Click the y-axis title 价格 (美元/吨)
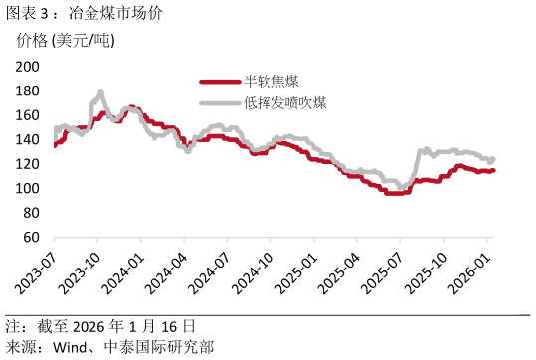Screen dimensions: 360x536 click(x=66, y=41)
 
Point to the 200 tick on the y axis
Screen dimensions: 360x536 click(x=27, y=67)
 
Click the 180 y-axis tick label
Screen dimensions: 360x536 click(x=27, y=90)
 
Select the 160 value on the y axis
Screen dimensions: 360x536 click(x=27, y=115)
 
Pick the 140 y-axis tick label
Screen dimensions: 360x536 click(x=27, y=140)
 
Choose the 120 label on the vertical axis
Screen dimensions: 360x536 click(x=27, y=164)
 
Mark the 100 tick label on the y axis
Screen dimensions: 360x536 click(x=27, y=189)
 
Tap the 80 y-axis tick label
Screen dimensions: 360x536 click(x=31, y=214)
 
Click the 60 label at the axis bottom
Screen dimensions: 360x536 click(x=31, y=238)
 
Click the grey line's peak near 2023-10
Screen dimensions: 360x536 click(x=100, y=92)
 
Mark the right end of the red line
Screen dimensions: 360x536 click(x=493, y=170)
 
